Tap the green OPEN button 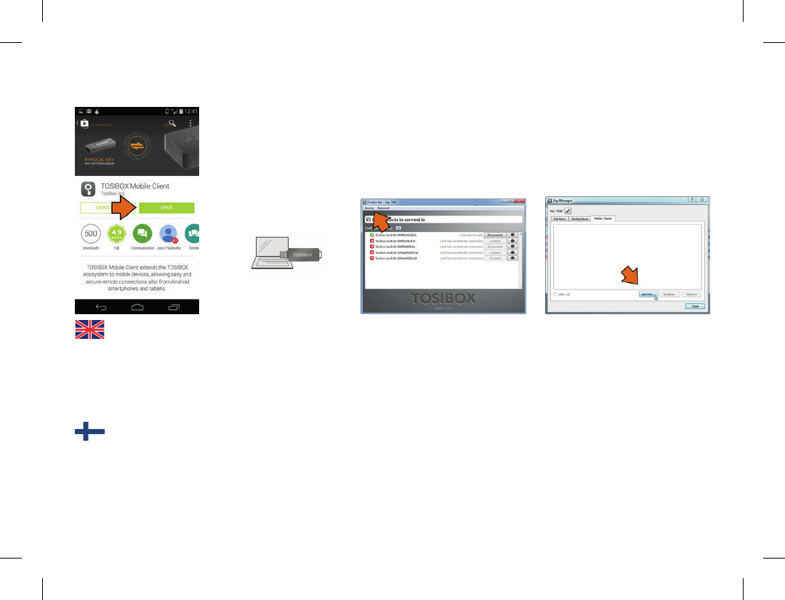coord(166,207)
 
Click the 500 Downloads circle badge coord(91,234)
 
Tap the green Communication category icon coord(142,234)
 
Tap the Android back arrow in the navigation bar coord(101,308)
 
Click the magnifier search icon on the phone coord(172,122)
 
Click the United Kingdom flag coord(89,329)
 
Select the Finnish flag coord(89,432)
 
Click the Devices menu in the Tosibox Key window coord(370,208)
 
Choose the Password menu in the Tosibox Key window coord(383,208)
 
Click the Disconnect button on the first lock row coord(494,235)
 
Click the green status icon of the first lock coord(371,235)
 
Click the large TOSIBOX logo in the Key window coord(443,299)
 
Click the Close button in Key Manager coord(694,306)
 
